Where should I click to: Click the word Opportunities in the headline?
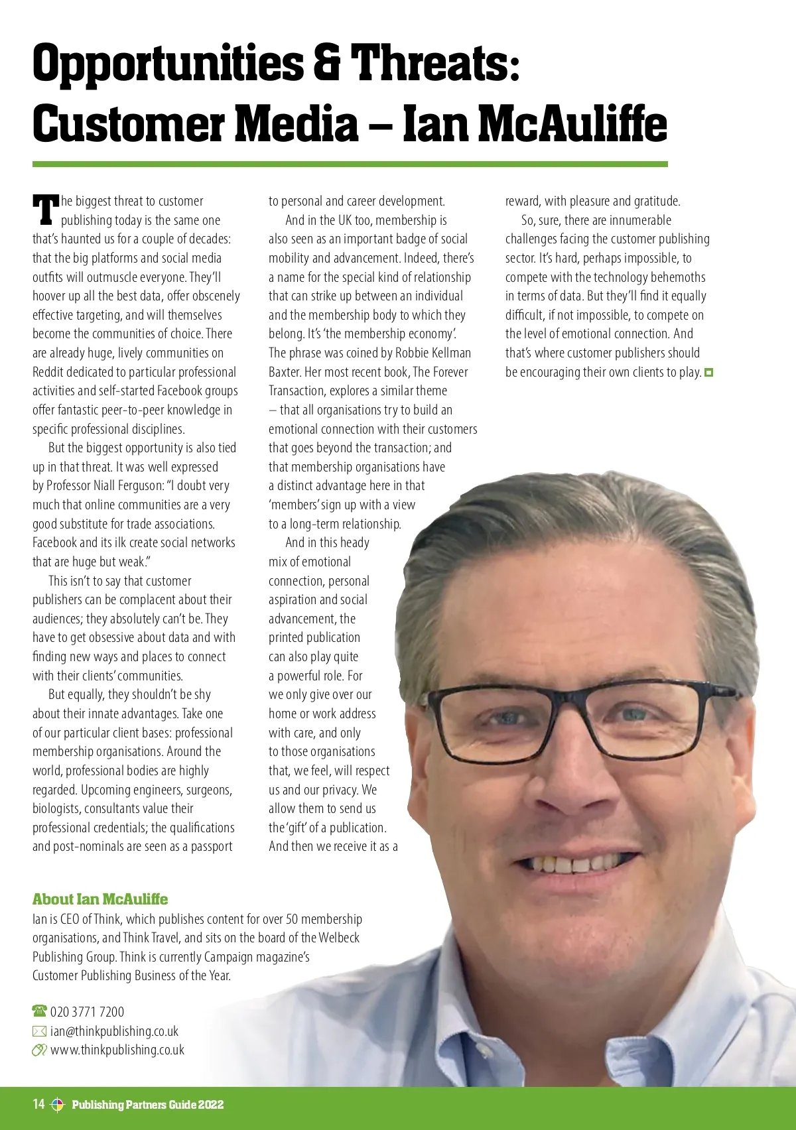pos(166,64)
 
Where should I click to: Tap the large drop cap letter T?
pos(46,210)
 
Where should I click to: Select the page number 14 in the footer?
pos(38,1103)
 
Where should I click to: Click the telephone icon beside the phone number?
pos(40,1011)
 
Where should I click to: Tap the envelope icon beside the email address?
pos(40,1031)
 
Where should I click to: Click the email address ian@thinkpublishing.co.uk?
pos(114,1031)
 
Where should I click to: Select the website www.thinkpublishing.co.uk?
pos(117,1050)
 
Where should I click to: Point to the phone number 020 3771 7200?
pos(87,1012)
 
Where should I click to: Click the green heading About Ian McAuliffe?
pos(100,899)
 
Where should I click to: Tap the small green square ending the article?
pos(708,373)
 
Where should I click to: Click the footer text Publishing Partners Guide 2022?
pos(147,1104)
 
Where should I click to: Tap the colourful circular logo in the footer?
pos(58,1104)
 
